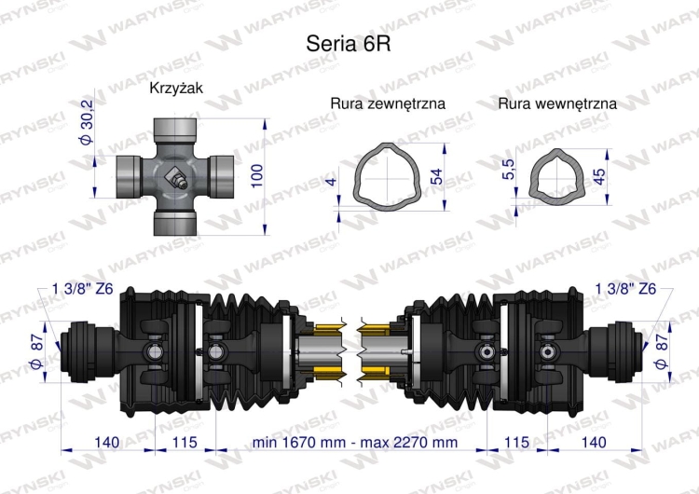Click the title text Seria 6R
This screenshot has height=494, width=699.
coord(342,44)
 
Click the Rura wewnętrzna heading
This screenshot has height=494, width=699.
coord(556,103)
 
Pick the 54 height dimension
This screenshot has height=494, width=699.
coord(437,175)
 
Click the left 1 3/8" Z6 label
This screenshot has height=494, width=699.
coord(84,289)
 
